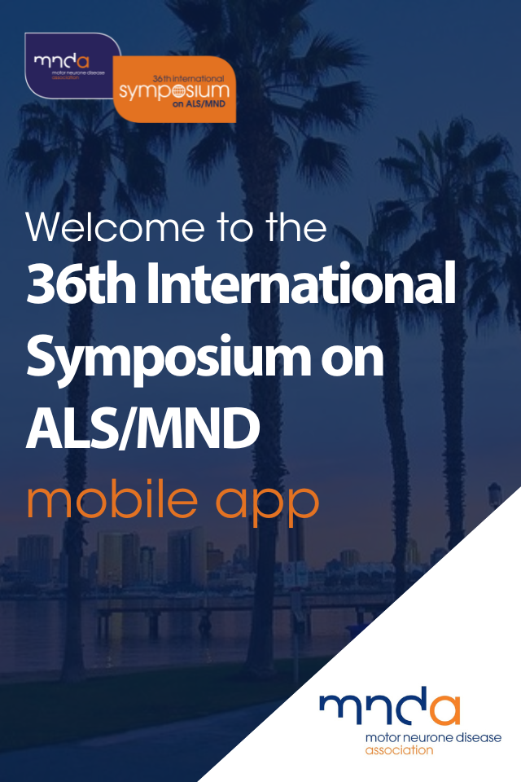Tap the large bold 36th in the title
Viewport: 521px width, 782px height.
pyautogui.click(x=81, y=283)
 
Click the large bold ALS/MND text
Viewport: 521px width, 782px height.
pyautogui.click(x=143, y=428)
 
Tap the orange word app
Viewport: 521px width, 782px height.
pyautogui.click(x=267, y=504)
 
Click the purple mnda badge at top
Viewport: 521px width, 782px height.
pyautogui.click(x=72, y=65)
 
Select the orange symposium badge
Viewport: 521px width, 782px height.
pyautogui.click(x=174, y=90)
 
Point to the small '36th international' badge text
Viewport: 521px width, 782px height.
pyautogui.click(x=189, y=78)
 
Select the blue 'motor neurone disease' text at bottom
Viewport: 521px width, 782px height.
pyautogui.click(x=433, y=738)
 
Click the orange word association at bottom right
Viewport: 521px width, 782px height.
pyautogui.click(x=400, y=750)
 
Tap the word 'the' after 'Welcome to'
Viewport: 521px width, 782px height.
pyautogui.click(x=296, y=227)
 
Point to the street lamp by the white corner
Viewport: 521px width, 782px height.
pyautogui.click(x=494, y=499)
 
